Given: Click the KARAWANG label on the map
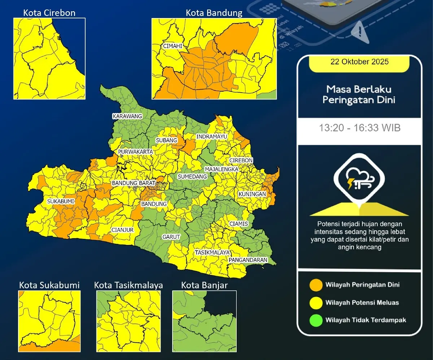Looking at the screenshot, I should click(x=127, y=116).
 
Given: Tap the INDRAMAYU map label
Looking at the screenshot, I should click(x=211, y=137).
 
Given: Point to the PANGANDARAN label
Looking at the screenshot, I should click(x=248, y=260).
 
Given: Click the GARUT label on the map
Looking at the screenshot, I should click(x=171, y=237).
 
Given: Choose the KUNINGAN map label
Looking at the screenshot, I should click(x=252, y=194).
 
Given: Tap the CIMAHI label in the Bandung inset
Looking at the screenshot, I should click(x=172, y=46).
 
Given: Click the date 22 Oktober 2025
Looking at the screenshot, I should click(x=359, y=62).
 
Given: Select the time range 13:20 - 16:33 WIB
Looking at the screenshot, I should click(x=359, y=128).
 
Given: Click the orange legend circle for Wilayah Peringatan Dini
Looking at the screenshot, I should click(x=316, y=285).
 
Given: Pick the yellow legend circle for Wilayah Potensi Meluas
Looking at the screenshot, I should click(x=316, y=302).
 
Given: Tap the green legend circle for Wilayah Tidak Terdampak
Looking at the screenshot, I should click(x=316, y=320).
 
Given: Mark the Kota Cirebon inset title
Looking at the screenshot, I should click(x=49, y=13).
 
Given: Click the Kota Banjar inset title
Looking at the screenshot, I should click(x=204, y=285).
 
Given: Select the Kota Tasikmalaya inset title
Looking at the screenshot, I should click(x=128, y=285).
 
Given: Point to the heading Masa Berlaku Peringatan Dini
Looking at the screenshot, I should click(x=359, y=95).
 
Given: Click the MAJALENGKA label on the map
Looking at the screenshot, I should click(x=221, y=169).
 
